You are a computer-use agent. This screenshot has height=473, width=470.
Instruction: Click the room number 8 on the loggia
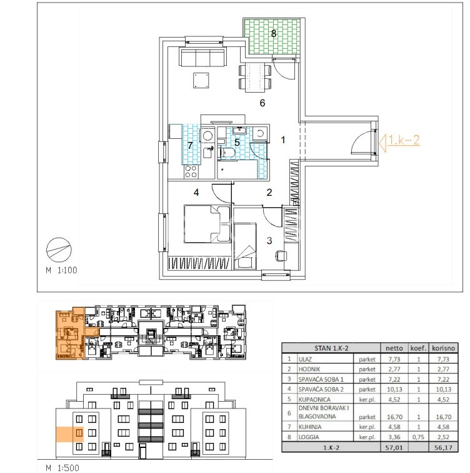point(274,33)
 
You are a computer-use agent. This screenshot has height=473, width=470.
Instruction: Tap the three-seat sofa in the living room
point(202,57)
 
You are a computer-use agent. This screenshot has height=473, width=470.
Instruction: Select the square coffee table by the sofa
point(201,80)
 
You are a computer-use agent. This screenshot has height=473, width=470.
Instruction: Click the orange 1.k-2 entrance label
point(403,140)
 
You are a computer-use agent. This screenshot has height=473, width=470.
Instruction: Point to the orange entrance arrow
point(382,143)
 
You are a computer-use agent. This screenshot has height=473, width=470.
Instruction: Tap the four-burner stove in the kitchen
point(191,172)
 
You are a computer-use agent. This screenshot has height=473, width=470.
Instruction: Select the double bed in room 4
point(207,224)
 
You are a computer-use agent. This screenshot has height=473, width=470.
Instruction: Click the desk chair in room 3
point(281,256)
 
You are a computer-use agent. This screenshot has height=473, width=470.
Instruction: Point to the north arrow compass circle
point(59,250)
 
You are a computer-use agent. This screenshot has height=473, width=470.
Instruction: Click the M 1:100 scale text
point(61,270)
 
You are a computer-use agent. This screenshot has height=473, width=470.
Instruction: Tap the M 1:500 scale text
point(62,468)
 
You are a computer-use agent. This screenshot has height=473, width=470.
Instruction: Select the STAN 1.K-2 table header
point(331,348)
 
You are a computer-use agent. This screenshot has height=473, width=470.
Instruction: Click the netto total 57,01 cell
point(394,448)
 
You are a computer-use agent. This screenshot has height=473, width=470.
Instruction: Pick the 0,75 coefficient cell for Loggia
point(419,437)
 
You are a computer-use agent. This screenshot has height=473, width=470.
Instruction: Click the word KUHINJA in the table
point(310,427)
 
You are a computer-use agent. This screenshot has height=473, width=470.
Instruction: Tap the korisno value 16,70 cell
point(444,417)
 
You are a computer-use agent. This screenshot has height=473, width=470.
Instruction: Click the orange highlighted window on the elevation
point(79,433)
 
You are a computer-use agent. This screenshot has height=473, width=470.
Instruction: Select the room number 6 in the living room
point(262,103)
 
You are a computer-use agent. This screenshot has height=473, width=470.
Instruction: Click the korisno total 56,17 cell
point(444,448)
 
